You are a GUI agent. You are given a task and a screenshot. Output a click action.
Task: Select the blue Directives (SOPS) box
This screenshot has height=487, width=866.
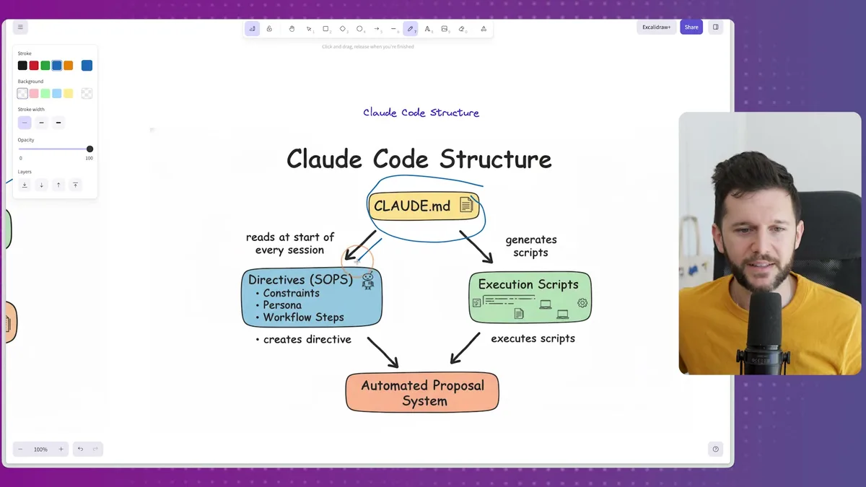pos(311,297)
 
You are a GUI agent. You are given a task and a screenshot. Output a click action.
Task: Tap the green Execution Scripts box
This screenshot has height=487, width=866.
pos(530,297)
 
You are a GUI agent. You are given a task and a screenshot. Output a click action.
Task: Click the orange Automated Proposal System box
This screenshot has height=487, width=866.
pos(422,392)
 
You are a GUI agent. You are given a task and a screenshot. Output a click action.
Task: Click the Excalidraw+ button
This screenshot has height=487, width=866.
pos(656,27)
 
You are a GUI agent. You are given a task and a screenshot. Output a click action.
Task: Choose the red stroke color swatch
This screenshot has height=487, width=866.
pos(34,66)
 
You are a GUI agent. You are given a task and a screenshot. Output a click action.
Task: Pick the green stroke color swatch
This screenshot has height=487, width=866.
pos(45,66)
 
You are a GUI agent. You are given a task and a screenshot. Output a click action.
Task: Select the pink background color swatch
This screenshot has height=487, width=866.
pos(34,94)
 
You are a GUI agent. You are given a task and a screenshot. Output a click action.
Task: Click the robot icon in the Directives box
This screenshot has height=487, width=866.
pos(368,281)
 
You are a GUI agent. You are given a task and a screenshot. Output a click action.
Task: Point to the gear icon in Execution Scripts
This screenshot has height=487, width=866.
pos(582,303)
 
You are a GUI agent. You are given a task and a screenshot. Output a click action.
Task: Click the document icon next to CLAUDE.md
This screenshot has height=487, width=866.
pos(466,206)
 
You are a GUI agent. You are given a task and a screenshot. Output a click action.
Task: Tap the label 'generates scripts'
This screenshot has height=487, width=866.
pos(531,246)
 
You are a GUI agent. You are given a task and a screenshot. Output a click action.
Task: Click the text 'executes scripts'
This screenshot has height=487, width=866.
pos(533,338)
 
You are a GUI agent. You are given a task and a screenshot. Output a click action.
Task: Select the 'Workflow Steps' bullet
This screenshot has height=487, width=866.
pos(302,317)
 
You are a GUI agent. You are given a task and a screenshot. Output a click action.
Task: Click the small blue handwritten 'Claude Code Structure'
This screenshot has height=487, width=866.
pos(421,113)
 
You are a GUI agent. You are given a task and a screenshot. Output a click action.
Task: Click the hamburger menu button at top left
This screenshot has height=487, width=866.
pos(20,27)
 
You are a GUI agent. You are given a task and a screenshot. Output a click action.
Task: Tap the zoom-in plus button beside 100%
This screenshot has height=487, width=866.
pos(61,449)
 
